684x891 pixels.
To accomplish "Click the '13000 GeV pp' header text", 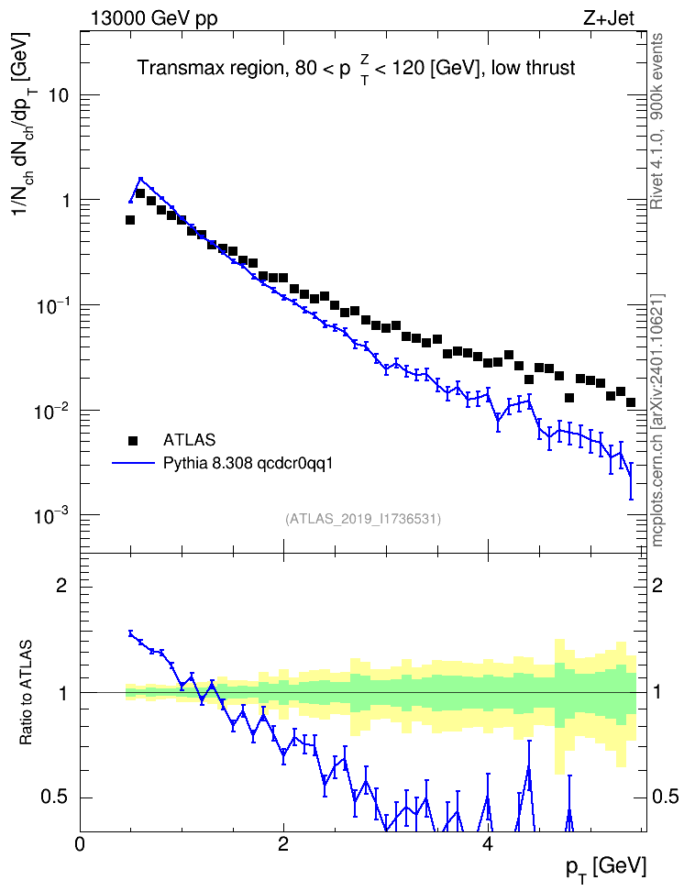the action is click(x=153, y=18).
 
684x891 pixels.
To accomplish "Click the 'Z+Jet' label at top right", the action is click(x=609, y=18).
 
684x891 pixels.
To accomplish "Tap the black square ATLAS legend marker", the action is click(x=132, y=440).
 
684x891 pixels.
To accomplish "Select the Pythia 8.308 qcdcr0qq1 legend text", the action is click(x=248, y=464).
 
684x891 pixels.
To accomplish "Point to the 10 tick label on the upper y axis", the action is click(x=59, y=95).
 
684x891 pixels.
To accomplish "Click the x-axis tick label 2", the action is click(x=283, y=844).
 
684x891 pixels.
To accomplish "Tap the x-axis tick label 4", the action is click(x=487, y=844).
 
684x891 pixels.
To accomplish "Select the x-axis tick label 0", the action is click(x=80, y=844).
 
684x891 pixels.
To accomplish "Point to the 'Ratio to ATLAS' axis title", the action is click(x=26, y=693).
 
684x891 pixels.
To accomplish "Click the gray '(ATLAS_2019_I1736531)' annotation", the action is click(x=363, y=519).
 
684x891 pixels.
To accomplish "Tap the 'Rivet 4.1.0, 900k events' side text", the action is click(x=656, y=121).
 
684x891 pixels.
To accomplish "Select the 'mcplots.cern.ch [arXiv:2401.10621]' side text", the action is click(x=656, y=420).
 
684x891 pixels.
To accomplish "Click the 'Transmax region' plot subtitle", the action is click(x=211, y=68).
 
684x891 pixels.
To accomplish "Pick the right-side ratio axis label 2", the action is click(x=657, y=586).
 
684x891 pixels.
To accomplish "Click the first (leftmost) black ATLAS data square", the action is click(x=130, y=220).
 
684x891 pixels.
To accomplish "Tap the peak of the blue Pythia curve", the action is click(x=141, y=179).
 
